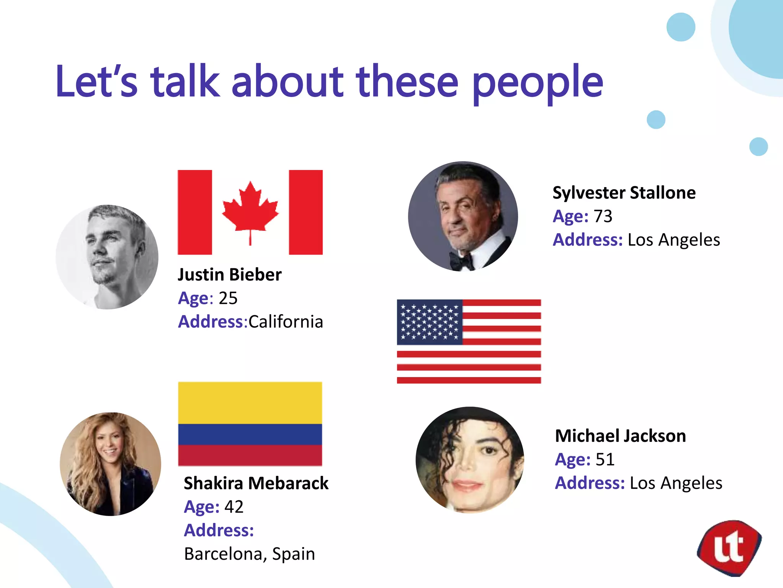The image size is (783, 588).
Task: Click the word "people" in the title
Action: pyautogui.click(x=538, y=82)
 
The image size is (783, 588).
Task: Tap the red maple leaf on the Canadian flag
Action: pyautogui.click(x=250, y=209)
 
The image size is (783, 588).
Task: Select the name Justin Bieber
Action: pyautogui.click(x=229, y=274)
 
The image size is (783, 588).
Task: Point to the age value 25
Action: pyautogui.click(x=228, y=298)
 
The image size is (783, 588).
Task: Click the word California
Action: pyautogui.click(x=286, y=322)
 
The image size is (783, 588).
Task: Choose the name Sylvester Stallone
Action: pyautogui.click(x=624, y=193)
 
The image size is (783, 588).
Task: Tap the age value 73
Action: pyautogui.click(x=603, y=216)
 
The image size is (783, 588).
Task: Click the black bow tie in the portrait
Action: pyautogui.click(x=461, y=261)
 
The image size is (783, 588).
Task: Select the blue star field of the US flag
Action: pyautogui.click(x=429, y=322)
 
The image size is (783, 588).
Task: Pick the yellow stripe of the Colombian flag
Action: pyautogui.click(x=250, y=403)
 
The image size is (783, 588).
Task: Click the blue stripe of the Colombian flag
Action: pyautogui.click(x=250, y=434)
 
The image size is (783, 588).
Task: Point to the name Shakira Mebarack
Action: pyautogui.click(x=256, y=483)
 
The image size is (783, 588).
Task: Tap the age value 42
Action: pyautogui.click(x=234, y=507)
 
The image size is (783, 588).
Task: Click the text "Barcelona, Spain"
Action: pyautogui.click(x=249, y=554)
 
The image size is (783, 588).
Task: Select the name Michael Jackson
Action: pyautogui.click(x=620, y=436)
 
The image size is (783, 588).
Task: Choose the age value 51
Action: pyautogui.click(x=605, y=459)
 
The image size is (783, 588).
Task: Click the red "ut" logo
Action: pyautogui.click(x=729, y=548)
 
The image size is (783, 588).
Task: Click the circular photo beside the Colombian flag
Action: pyautogui.click(x=110, y=464)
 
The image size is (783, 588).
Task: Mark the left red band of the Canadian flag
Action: pyautogui.click(x=195, y=212)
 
